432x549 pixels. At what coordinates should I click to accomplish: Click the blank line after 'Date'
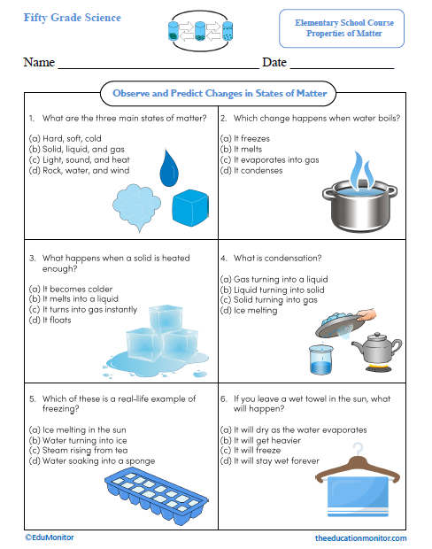click(x=342, y=64)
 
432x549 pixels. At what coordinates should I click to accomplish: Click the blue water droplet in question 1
click(x=169, y=167)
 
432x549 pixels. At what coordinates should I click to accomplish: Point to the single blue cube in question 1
click(x=188, y=207)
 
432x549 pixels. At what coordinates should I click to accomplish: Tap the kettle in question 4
click(x=386, y=351)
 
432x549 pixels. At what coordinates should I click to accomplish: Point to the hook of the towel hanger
click(x=357, y=451)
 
